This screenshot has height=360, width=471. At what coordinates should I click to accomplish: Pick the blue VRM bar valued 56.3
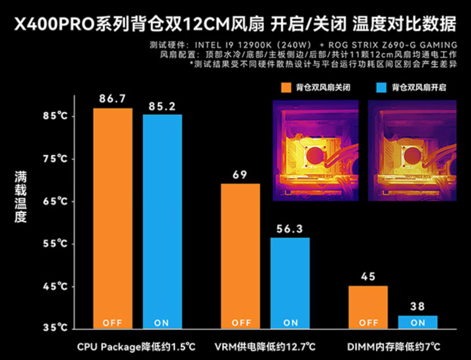tap(290, 282)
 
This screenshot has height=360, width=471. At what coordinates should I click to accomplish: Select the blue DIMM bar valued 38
tap(418, 321)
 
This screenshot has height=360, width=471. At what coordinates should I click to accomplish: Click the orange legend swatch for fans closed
tap(285, 87)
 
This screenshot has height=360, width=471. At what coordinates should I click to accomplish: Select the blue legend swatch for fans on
tap(382, 87)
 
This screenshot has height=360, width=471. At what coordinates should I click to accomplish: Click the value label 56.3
tap(290, 230)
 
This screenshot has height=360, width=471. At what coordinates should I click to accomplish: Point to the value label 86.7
tap(112, 98)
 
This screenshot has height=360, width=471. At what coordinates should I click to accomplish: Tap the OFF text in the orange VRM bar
tap(240, 322)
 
